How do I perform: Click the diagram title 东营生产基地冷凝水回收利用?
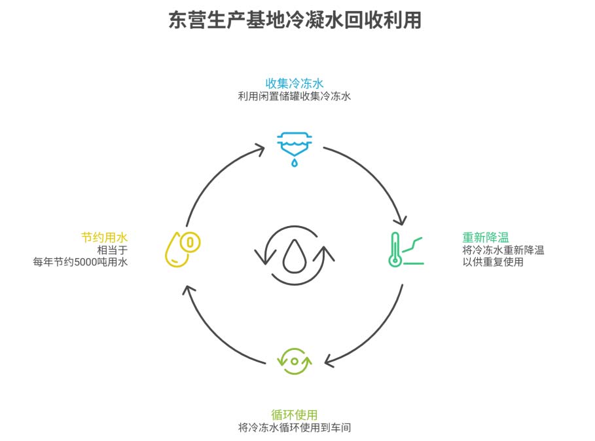(x=295, y=20)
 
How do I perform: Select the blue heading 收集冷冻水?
(x=295, y=83)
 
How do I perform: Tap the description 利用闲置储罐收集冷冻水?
(x=295, y=96)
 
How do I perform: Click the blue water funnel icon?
(x=295, y=147)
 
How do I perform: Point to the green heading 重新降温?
(x=485, y=237)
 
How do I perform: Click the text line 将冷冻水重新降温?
(x=503, y=250)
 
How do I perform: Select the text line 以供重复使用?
(x=492, y=262)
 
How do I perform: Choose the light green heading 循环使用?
(x=295, y=414)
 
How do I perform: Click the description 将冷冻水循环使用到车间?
(x=295, y=427)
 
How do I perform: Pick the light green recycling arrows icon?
(x=295, y=361)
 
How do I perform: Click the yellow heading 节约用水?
(x=104, y=237)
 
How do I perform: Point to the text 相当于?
(x=112, y=250)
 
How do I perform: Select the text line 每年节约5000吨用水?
(x=81, y=262)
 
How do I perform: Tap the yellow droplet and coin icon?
(x=182, y=249)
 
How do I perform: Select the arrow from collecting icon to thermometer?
(x=380, y=177)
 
